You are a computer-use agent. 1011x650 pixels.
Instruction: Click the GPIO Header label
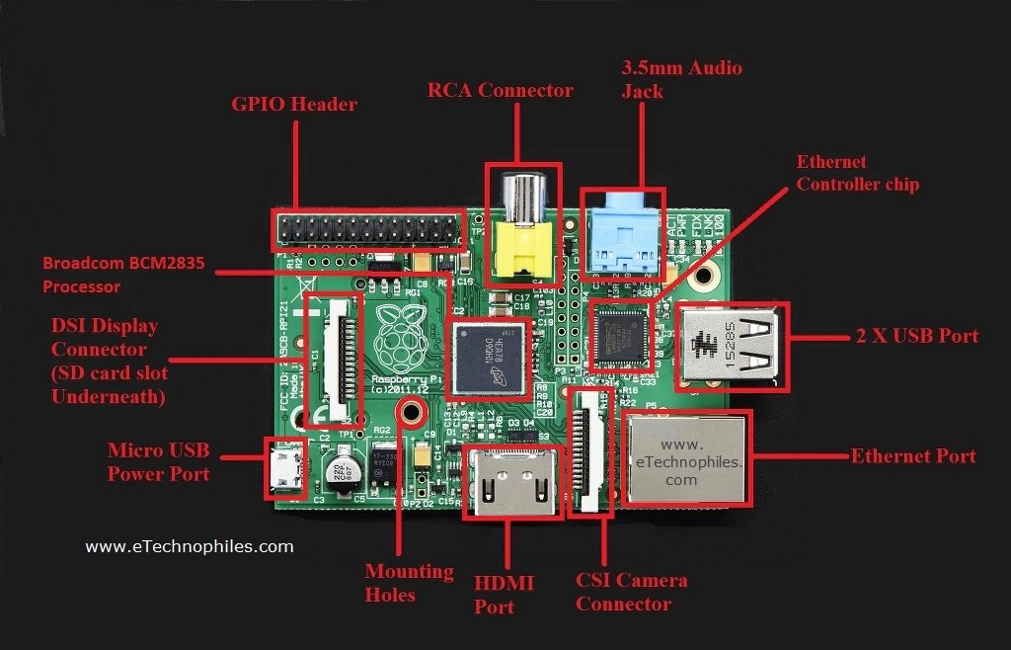click(293, 104)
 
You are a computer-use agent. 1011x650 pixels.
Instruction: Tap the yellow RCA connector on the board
click(523, 242)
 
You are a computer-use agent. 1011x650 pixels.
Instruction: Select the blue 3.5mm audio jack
click(621, 235)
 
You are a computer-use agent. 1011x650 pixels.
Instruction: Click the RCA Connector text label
click(500, 90)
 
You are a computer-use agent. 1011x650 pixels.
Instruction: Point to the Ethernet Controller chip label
click(857, 173)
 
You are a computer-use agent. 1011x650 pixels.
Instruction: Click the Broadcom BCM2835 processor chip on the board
click(489, 357)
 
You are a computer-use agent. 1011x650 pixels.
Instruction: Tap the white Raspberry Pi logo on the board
click(400, 337)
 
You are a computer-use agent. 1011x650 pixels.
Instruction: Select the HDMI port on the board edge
click(512, 481)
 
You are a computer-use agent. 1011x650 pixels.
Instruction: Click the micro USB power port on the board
click(285, 467)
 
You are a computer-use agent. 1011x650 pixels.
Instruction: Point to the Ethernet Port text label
click(912, 455)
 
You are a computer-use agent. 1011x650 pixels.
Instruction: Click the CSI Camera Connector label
click(631, 592)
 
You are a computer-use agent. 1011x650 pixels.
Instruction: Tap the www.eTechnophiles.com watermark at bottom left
click(189, 545)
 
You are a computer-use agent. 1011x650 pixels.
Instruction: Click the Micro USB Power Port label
click(158, 461)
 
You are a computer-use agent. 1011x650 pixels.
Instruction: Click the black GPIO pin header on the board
click(368, 229)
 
